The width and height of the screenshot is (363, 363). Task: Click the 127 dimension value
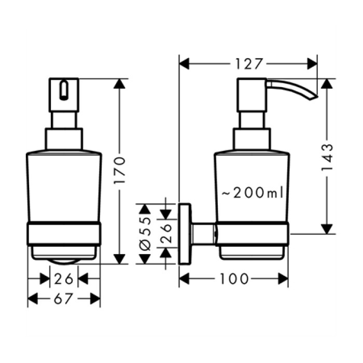249,64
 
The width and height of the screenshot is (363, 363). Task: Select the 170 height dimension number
119,171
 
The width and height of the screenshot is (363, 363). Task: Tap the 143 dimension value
327,158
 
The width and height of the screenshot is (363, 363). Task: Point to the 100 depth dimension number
234,279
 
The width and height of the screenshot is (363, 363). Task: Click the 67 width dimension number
63,299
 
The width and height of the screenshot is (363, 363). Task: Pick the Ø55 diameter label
145,234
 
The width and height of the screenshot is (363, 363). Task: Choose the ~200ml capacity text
253,192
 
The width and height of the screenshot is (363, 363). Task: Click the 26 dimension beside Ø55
166,233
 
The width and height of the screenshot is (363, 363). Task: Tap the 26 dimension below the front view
64,279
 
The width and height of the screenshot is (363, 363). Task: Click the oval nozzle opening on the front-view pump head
64,90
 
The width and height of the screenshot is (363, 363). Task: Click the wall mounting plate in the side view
185,234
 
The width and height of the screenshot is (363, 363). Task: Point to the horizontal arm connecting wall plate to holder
203,234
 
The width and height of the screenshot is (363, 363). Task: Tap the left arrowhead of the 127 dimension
184,64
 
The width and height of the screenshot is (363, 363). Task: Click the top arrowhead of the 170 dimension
119,83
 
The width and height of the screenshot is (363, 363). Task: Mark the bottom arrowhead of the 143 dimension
327,229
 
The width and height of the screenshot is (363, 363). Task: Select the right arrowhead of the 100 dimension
283,279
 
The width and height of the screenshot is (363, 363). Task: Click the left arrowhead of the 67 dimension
33,299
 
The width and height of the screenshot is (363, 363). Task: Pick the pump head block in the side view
252,95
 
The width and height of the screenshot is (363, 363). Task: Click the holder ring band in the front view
64,233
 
